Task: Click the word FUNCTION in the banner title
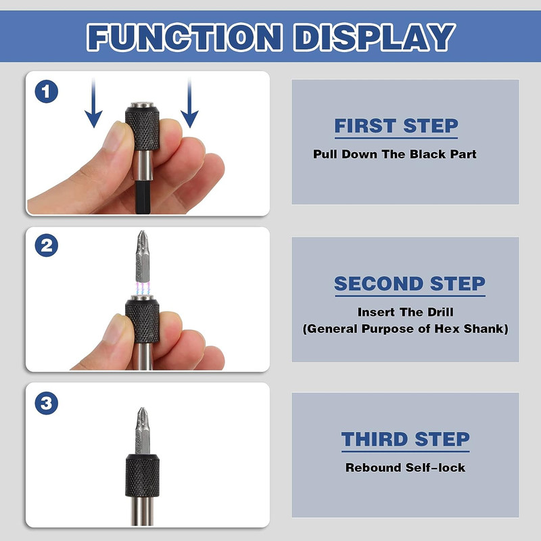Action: coord(185,37)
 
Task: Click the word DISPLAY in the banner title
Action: coord(375,37)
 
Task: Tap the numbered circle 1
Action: coord(46,91)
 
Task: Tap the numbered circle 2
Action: coord(46,245)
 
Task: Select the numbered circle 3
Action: coord(46,403)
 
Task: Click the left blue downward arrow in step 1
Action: coord(93,103)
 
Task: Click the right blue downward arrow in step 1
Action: coord(189,103)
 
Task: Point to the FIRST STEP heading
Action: coord(396,126)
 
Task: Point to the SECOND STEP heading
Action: coord(410,283)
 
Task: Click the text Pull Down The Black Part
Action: coord(395,154)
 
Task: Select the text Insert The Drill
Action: coord(405,312)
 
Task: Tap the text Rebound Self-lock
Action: coord(405,468)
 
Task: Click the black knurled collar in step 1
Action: coord(142,128)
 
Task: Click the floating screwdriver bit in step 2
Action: coord(143,256)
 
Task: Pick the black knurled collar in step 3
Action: coord(142,475)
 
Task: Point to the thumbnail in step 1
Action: coord(113,135)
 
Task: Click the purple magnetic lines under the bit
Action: coord(143,289)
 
